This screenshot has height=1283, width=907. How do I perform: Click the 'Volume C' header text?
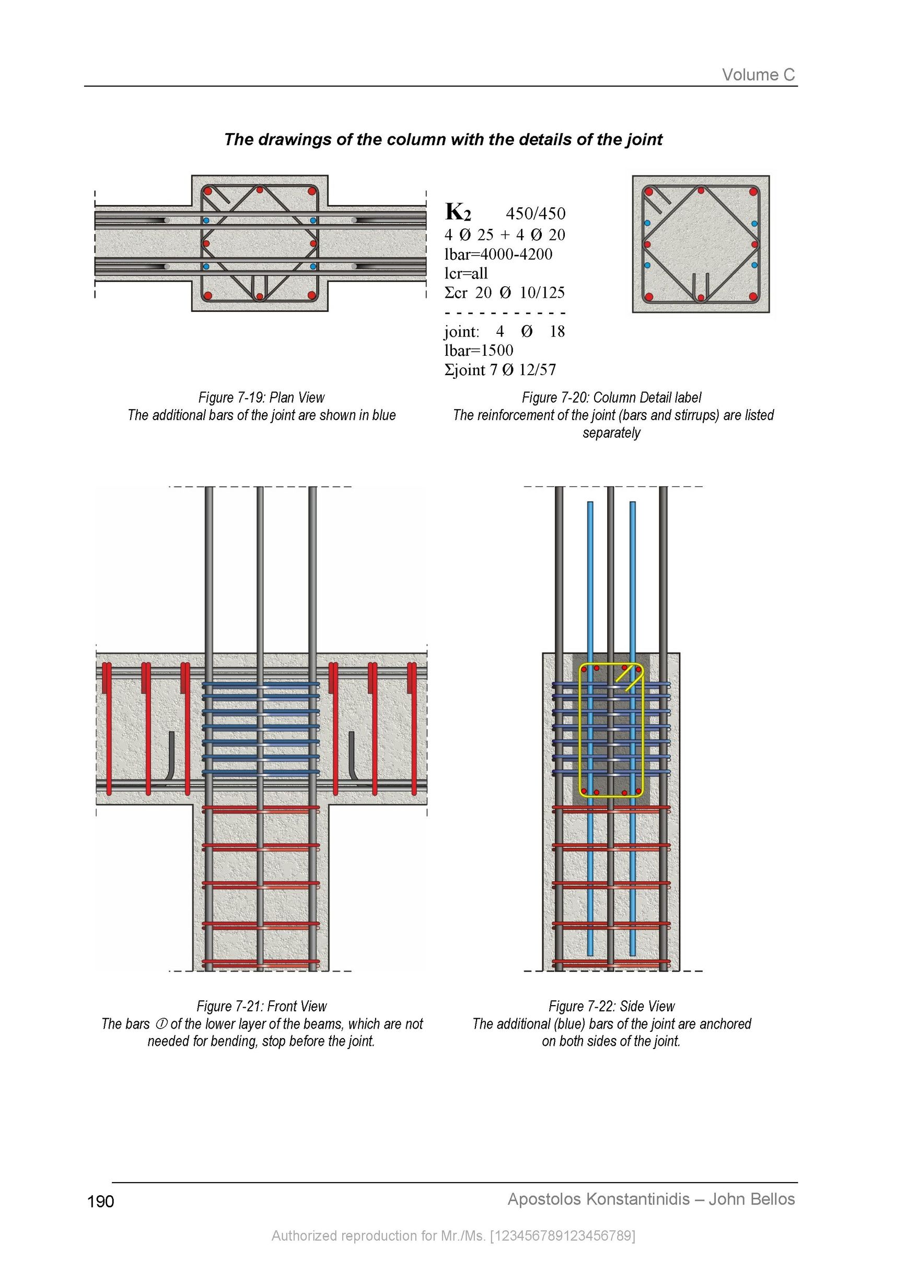758,75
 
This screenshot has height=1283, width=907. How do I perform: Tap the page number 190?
101,1202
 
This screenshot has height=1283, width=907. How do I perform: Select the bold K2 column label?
458,212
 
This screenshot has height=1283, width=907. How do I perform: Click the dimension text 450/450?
536,214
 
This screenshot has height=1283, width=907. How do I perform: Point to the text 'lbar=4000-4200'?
498,254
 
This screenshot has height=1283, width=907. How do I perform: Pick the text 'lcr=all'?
466,273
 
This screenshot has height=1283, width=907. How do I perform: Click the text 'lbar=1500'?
479,351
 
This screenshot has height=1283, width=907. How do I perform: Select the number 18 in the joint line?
557,331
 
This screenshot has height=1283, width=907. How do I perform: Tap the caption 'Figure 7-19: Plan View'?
262,398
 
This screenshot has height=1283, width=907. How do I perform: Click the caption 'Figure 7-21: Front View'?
262,1007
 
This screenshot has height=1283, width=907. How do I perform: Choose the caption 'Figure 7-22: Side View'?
611,1007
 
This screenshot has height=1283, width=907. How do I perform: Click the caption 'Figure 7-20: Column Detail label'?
611,398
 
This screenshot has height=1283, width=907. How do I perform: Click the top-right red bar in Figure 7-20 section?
753,192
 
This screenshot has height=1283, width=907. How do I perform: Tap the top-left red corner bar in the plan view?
208,191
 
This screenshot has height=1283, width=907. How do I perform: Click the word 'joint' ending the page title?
644,139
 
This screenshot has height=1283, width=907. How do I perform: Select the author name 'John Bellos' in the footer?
752,1199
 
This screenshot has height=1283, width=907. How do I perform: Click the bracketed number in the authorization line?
563,1235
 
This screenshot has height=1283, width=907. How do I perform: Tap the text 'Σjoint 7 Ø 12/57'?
500,370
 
